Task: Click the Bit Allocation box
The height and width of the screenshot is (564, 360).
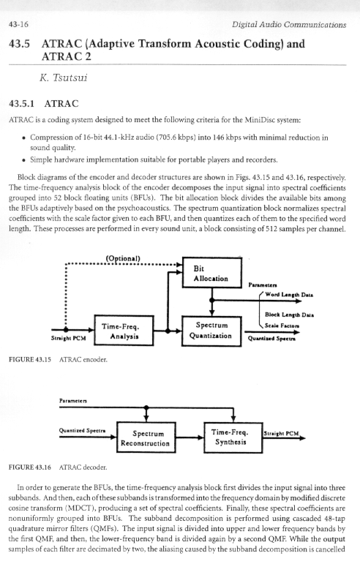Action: tap(211, 273)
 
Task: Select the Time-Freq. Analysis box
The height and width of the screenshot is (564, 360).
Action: tap(124, 331)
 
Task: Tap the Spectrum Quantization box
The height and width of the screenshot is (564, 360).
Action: tap(211, 331)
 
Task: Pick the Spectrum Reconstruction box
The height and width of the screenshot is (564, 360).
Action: tap(146, 437)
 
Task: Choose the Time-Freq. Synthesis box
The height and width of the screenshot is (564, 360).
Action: tap(233, 437)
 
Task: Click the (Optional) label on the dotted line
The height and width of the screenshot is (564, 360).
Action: tap(123, 258)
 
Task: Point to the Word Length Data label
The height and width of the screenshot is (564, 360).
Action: tap(289, 295)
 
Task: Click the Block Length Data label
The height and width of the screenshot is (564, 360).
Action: tap(289, 315)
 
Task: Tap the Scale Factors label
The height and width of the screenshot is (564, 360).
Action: tap(282, 326)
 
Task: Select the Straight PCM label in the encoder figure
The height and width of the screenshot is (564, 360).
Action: tap(68, 338)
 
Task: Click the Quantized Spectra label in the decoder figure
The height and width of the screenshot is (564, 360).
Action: tap(83, 430)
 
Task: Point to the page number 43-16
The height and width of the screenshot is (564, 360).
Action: tap(18, 24)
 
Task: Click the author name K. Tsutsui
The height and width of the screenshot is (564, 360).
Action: tap(64, 78)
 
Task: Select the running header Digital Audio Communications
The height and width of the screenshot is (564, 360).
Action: tap(289, 25)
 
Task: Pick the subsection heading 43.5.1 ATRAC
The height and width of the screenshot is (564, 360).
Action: tap(43, 104)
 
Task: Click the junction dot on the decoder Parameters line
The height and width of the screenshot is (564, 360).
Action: tap(146, 407)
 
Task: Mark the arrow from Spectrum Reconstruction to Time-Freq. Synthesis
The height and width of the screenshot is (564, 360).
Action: tap(190, 437)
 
